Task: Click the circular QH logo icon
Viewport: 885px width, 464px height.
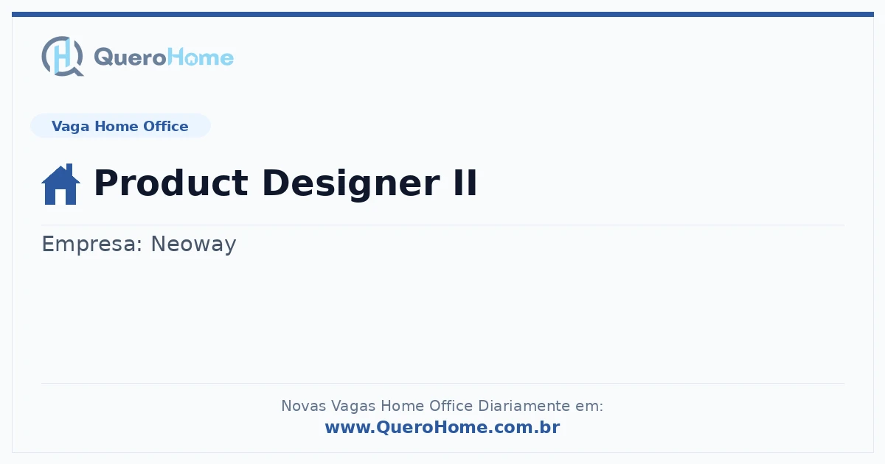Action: pyautogui.click(x=63, y=56)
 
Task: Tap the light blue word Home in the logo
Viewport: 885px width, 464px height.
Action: pyautogui.click(x=201, y=57)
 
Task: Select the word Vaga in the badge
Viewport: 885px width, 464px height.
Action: pyautogui.click(x=70, y=127)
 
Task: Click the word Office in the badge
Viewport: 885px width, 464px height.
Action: pyautogui.click(x=165, y=126)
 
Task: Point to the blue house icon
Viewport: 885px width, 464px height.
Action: pyautogui.click(x=60, y=184)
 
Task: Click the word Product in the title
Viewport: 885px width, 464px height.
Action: pyautogui.click(x=170, y=183)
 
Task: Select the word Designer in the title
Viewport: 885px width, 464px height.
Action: pyautogui.click(x=351, y=184)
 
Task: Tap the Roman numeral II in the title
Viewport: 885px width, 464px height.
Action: pyautogui.click(x=465, y=183)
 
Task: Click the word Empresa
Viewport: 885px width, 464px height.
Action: pyautogui.click(x=91, y=245)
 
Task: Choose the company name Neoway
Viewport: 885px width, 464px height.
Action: pyautogui.click(x=193, y=245)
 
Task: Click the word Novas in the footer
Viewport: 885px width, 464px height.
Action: pyautogui.click(x=303, y=406)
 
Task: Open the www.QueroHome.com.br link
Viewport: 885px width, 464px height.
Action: pyautogui.click(x=442, y=427)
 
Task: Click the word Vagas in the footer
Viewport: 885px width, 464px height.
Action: pyautogui.click(x=353, y=407)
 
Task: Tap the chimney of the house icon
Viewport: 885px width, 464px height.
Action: pyautogui.click(x=69, y=169)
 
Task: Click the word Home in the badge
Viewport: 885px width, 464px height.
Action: pyautogui.click(x=117, y=126)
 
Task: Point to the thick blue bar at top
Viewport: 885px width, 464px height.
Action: pyautogui.click(x=442, y=14)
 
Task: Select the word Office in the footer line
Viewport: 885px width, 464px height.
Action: pyautogui.click(x=451, y=406)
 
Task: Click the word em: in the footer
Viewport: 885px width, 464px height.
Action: pyautogui.click(x=589, y=407)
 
